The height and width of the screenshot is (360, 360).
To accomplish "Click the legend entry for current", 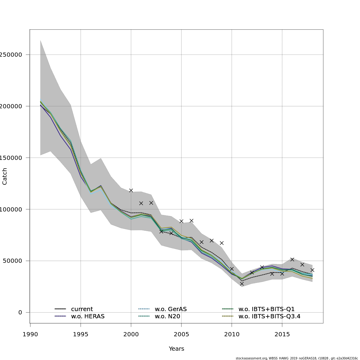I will [82, 309].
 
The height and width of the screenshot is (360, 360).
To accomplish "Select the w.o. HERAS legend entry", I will [88, 316].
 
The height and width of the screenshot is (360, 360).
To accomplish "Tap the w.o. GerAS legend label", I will [171, 309].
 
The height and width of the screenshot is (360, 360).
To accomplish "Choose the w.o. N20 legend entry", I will [167, 316].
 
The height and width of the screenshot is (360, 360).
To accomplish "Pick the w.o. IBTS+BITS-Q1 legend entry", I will [266, 309].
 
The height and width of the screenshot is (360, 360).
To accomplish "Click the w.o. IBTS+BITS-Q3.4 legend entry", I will [269, 316].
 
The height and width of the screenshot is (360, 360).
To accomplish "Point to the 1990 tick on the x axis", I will [30, 334].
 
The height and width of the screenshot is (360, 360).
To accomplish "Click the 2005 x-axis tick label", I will [181, 334].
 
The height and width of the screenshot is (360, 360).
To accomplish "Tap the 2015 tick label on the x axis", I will [282, 334].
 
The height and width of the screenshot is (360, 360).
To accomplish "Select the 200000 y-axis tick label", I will [11, 106].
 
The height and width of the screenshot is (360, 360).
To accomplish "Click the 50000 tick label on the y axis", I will [12, 261].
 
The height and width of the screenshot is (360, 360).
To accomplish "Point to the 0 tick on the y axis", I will [20, 312].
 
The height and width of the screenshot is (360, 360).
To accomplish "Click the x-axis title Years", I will [176, 349].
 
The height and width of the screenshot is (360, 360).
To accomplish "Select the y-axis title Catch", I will [5, 176].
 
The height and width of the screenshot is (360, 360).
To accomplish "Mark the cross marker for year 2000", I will [131, 190].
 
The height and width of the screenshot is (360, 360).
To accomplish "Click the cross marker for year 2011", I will [242, 283].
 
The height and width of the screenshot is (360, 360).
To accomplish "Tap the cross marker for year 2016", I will [292, 259].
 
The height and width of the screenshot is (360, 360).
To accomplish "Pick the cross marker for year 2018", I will [312, 270].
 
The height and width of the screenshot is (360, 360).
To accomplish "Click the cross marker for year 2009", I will [222, 243].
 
